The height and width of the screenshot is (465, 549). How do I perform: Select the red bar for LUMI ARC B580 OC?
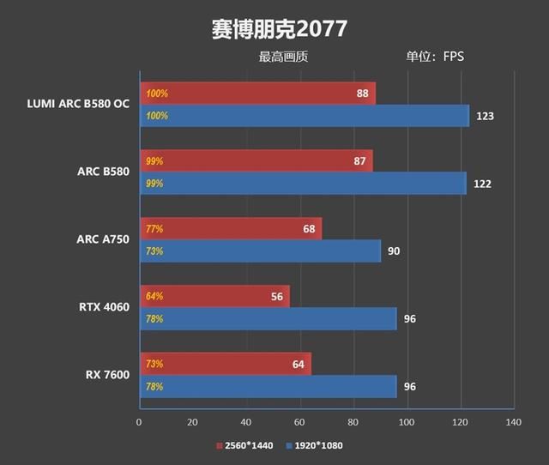[x=257, y=94]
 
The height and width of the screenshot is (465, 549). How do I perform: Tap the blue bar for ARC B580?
[x=303, y=184]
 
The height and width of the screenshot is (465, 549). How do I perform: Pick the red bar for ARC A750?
[x=230, y=229]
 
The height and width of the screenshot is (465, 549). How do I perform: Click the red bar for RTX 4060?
[x=214, y=297]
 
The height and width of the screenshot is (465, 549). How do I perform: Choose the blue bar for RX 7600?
[x=268, y=387]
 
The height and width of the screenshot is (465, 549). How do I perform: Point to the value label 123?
[x=485, y=116]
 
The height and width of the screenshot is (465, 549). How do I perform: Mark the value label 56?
[x=277, y=297]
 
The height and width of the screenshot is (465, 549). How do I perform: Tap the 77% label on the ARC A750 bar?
[x=154, y=229]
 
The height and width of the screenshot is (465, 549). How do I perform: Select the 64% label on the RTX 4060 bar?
[x=154, y=297]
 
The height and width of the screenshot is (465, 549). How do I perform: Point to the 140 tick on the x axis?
[x=514, y=422]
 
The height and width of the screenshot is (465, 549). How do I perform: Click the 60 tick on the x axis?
[x=299, y=422]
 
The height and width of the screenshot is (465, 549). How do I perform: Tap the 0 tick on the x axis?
[x=139, y=422]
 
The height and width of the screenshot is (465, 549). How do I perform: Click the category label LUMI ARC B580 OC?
[x=78, y=105]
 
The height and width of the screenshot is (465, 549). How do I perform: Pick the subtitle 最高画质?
[x=283, y=57]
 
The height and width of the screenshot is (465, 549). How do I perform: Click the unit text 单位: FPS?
[x=434, y=57]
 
